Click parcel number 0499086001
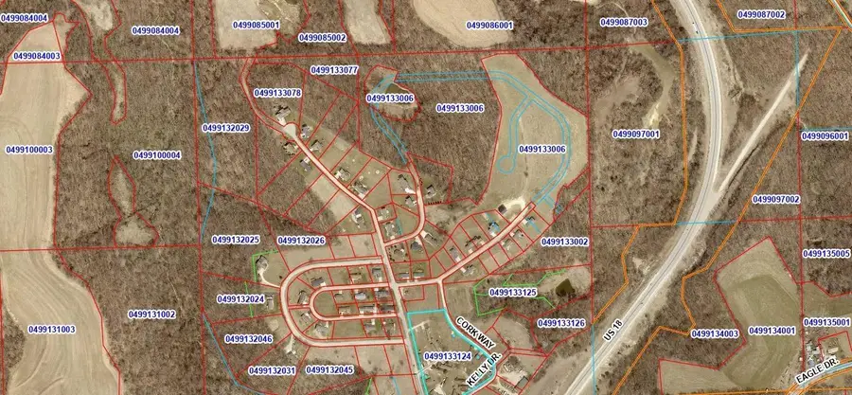[489, 25]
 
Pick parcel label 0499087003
[624, 21]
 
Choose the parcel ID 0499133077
[334, 70]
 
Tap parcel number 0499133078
[278, 93]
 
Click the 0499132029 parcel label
[225, 127]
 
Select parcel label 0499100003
[29, 150]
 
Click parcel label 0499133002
[565, 242]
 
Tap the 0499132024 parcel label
[240, 298]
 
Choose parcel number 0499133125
[513, 293]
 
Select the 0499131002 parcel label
[152, 314]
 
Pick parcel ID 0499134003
[715, 333]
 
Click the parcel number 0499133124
[448, 356]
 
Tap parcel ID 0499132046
[249, 338]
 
